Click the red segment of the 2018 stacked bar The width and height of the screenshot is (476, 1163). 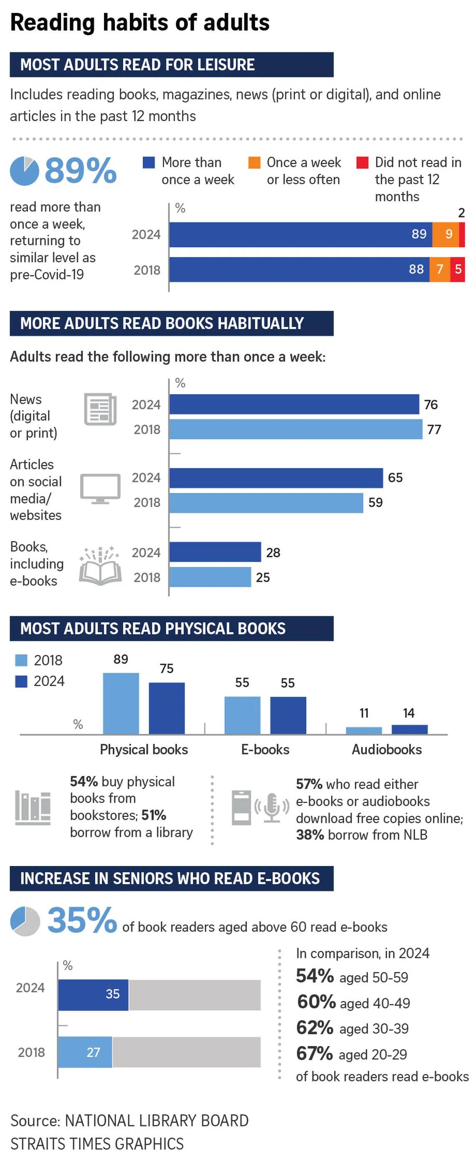457,269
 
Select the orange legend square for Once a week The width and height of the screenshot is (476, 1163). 254,162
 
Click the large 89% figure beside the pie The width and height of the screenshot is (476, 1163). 81,171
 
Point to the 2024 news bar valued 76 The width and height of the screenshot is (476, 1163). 294,404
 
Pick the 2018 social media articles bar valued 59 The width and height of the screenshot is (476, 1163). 266,502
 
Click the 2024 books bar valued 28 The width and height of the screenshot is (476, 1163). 215,552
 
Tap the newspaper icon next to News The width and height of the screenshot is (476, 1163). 100,409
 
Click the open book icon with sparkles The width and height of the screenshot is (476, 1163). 100,566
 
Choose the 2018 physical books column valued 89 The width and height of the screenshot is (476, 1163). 121,703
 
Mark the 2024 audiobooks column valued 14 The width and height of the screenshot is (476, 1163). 409,729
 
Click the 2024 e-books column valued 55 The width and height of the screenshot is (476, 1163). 288,715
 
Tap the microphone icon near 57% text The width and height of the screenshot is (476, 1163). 272,807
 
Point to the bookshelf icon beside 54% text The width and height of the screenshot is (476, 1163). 33,807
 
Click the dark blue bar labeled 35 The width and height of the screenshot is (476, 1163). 93,994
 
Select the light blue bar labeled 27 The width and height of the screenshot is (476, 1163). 85,1052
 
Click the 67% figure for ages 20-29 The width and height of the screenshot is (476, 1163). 314,1054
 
